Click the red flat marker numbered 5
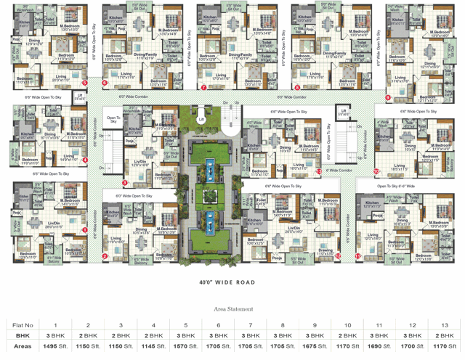click(x=85, y=83)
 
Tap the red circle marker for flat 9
click(x=388, y=97)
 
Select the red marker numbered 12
click(x=339, y=255)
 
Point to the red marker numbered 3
click(x=124, y=183)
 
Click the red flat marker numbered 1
click(x=85, y=230)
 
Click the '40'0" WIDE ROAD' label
click(x=227, y=282)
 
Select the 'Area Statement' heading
click(x=232, y=308)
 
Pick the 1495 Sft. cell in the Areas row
click(x=55, y=347)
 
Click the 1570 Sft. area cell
click(x=186, y=347)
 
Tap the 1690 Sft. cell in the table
click(x=381, y=347)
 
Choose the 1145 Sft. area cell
click(x=153, y=347)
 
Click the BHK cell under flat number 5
click(x=186, y=336)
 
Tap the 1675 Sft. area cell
click(x=315, y=347)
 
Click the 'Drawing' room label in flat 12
click(x=325, y=251)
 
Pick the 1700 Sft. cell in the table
click(x=413, y=347)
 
